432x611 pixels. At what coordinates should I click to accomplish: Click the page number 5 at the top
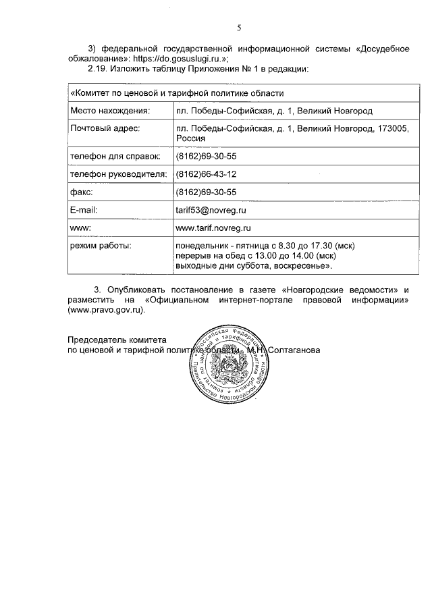[238, 28]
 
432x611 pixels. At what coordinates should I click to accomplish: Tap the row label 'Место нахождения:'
[109, 110]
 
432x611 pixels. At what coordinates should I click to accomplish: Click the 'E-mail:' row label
[86, 211]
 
